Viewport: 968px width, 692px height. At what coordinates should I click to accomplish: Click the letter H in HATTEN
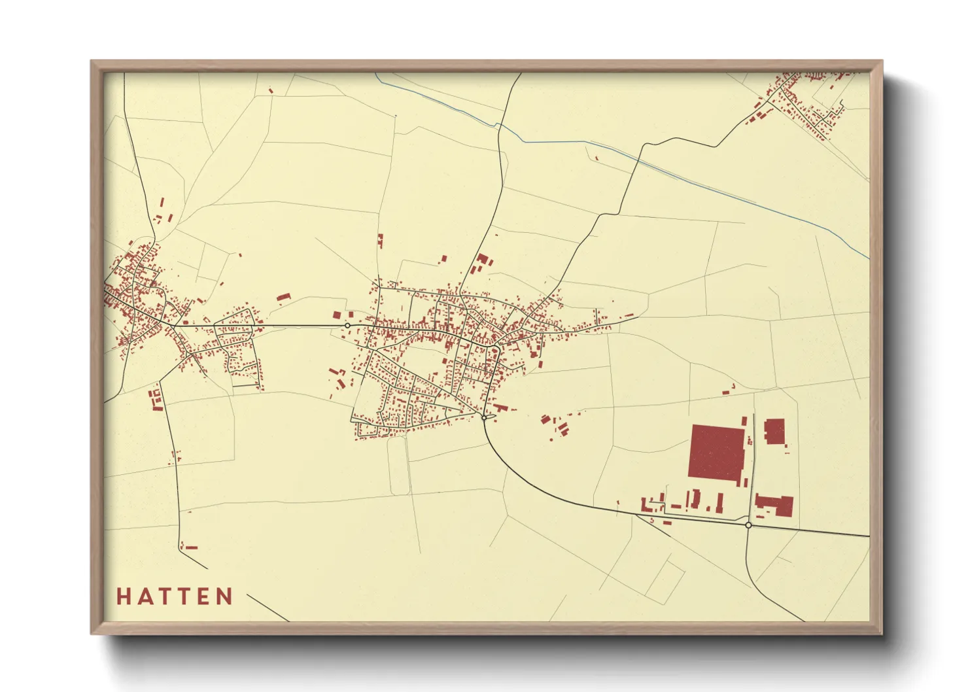point(124,597)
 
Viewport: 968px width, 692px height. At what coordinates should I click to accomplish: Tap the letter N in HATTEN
point(225,597)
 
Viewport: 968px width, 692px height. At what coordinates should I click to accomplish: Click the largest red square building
point(717,453)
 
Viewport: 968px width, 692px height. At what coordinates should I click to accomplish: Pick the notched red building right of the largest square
point(774,432)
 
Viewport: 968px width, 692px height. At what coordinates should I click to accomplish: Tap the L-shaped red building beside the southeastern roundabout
point(775,506)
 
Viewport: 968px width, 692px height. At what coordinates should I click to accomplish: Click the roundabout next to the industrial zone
point(748,525)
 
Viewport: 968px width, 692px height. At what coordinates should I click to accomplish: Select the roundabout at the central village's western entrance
point(348,325)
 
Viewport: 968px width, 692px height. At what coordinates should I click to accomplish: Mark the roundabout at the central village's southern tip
point(484,417)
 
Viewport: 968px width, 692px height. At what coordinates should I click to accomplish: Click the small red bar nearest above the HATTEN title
point(191,547)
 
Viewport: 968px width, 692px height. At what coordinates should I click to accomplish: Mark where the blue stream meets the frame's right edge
point(868,258)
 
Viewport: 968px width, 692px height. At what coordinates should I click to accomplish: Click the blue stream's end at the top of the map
point(376,74)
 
